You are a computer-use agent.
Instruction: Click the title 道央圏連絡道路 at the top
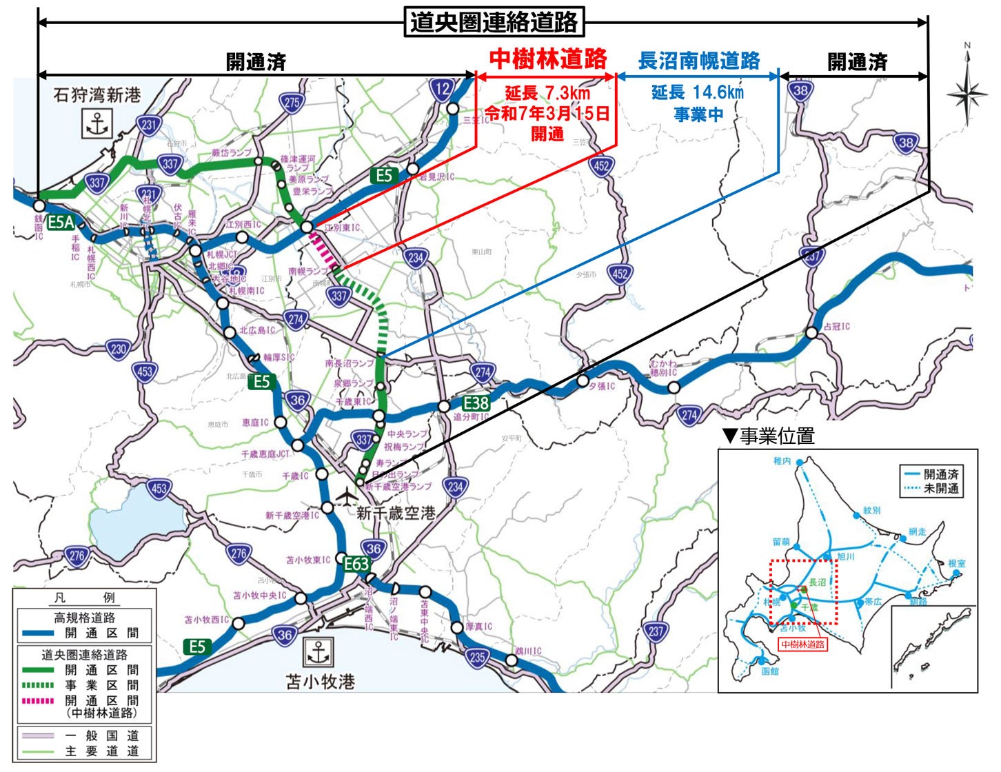pos(494,22)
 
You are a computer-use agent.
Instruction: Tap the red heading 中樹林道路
pos(548,59)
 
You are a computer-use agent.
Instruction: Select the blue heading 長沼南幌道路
pos(698,61)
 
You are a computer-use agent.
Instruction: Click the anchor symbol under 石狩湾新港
pos(97,124)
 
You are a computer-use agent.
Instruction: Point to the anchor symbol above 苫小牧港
pos(318,651)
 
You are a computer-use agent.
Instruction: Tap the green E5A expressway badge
pos(60,222)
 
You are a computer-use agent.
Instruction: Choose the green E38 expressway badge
pos(476,403)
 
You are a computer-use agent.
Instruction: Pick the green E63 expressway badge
pos(356,564)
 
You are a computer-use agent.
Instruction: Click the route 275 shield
pos(292,103)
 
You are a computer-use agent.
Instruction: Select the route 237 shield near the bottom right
pos(656,631)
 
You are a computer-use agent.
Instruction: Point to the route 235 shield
pos(477,657)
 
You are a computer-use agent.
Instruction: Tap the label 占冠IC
pos(837,327)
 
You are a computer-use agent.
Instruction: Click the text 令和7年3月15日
pos(547,114)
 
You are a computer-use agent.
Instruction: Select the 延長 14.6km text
pos(698,92)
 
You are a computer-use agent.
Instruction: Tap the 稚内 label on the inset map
pos(782,461)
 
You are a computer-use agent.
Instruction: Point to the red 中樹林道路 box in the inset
pos(802,644)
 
